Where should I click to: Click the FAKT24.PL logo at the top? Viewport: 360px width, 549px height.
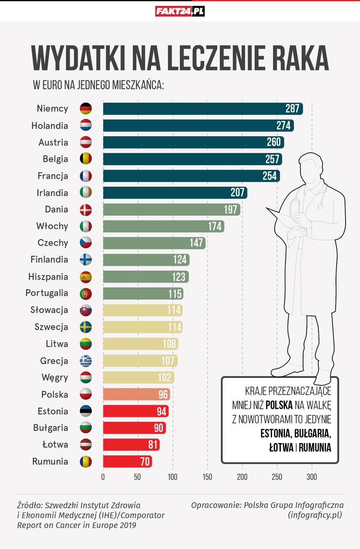click(x=180, y=11)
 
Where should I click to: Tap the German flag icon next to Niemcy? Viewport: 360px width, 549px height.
click(x=86, y=109)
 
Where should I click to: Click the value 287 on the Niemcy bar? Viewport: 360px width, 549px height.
click(x=292, y=109)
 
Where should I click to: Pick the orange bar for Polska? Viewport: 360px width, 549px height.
click(x=136, y=394)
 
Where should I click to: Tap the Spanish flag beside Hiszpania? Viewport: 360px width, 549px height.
click(x=86, y=277)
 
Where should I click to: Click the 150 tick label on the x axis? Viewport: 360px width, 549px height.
click(x=207, y=477)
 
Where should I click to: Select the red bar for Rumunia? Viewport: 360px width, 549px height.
click(x=127, y=462)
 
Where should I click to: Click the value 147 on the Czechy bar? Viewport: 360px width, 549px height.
click(x=197, y=243)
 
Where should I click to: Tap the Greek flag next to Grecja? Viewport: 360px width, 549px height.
click(x=86, y=361)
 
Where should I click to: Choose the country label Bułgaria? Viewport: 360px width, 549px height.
click(x=51, y=428)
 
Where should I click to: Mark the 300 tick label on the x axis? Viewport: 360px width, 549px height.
click(x=312, y=477)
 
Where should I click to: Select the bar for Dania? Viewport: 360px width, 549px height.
click(x=171, y=209)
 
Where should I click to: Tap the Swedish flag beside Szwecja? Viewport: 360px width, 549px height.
click(x=86, y=327)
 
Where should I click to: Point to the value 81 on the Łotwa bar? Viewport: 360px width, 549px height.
click(x=153, y=445)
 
